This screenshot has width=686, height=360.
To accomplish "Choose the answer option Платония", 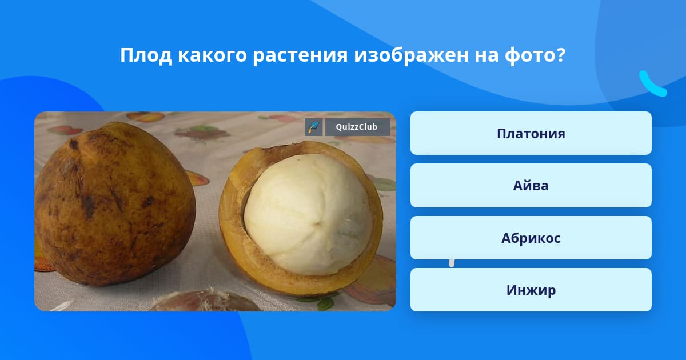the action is pos(531,133).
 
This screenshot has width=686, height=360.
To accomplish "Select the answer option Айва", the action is pos(531,186).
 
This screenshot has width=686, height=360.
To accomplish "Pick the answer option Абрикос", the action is pos(531,238).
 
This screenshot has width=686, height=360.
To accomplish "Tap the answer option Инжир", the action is pos(531,290).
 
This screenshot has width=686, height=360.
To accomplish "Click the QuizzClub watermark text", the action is pos(357,127).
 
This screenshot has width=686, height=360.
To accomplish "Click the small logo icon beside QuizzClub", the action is pos(314,127).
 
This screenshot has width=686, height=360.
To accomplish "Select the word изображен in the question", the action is pos(411,55).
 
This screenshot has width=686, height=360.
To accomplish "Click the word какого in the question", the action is pos(212,56).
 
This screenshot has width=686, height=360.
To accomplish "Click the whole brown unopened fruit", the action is pos(115,203).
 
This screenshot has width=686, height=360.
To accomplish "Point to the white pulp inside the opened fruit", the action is pos(308,214).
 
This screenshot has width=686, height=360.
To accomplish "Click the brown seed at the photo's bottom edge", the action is pos(205,301).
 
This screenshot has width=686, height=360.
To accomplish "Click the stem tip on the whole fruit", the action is pos(74,144).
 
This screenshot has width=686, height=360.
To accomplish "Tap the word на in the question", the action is pos(487,57).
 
